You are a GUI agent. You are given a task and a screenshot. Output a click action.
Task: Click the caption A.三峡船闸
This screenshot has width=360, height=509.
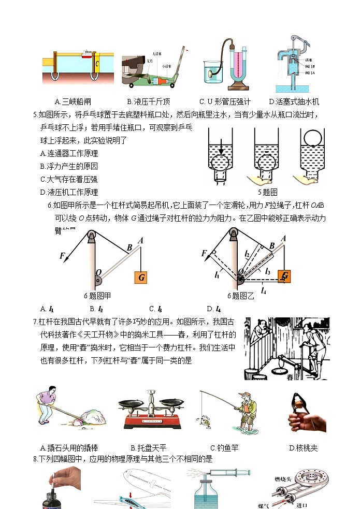76,101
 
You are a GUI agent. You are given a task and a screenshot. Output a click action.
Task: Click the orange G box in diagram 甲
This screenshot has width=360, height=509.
141,277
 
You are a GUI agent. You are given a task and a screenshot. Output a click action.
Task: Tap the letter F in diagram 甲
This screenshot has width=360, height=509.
62,255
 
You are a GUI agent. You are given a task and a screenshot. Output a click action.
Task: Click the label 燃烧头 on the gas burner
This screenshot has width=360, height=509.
283,479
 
